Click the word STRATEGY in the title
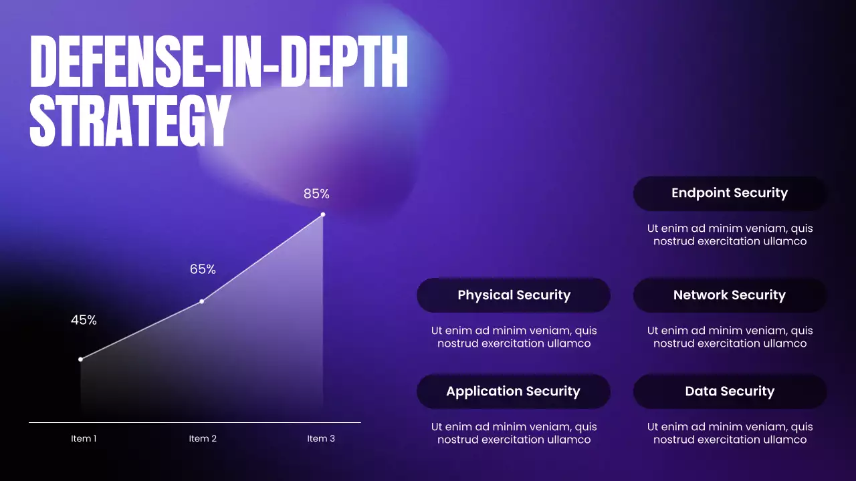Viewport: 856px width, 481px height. click(x=130, y=121)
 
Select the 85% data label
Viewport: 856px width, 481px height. click(x=316, y=194)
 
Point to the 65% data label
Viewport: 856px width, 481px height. click(x=203, y=269)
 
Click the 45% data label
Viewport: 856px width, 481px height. click(x=84, y=320)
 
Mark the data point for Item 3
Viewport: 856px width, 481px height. click(x=323, y=214)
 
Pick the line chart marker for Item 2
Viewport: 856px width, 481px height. click(x=202, y=301)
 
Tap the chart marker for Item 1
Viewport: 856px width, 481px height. click(x=81, y=359)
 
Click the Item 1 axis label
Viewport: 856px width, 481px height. click(x=84, y=439)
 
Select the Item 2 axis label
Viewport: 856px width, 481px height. click(x=203, y=439)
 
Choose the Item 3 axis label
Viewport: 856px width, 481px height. click(x=321, y=439)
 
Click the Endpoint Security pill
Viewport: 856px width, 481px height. click(x=730, y=193)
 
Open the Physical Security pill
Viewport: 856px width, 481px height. click(x=514, y=295)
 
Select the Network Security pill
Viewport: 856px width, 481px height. click(x=730, y=295)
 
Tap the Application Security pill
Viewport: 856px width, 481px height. click(x=514, y=391)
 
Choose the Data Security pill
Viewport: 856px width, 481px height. click(x=730, y=391)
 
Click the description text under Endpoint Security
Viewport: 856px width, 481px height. click(x=730, y=234)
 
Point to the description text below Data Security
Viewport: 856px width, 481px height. click(x=730, y=433)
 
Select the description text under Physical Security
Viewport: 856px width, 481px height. click(x=514, y=337)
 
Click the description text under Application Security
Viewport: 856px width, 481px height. click(x=514, y=433)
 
